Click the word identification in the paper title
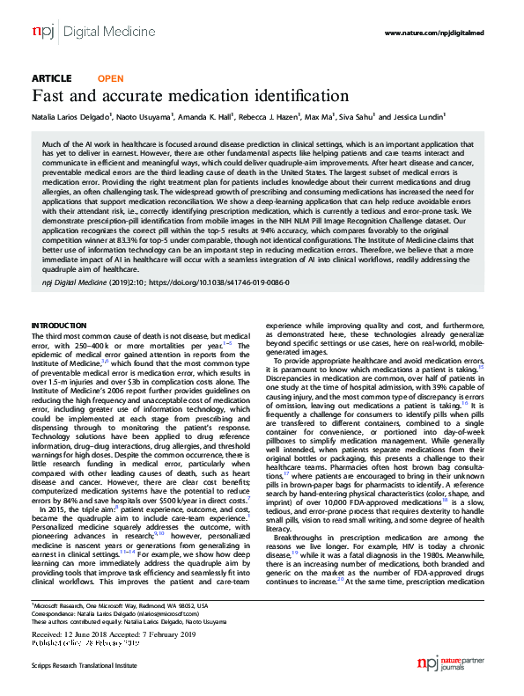tap(292, 96)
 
